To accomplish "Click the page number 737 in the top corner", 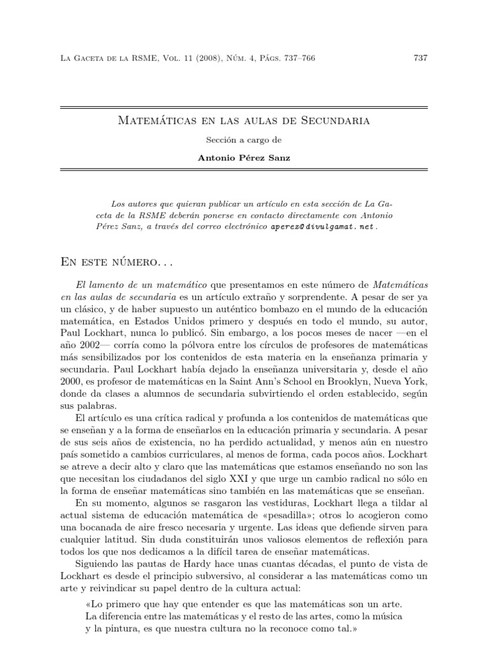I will [x=421, y=58].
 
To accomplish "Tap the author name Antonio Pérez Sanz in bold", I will [x=244, y=158].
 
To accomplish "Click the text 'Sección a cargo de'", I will [x=243, y=139].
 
